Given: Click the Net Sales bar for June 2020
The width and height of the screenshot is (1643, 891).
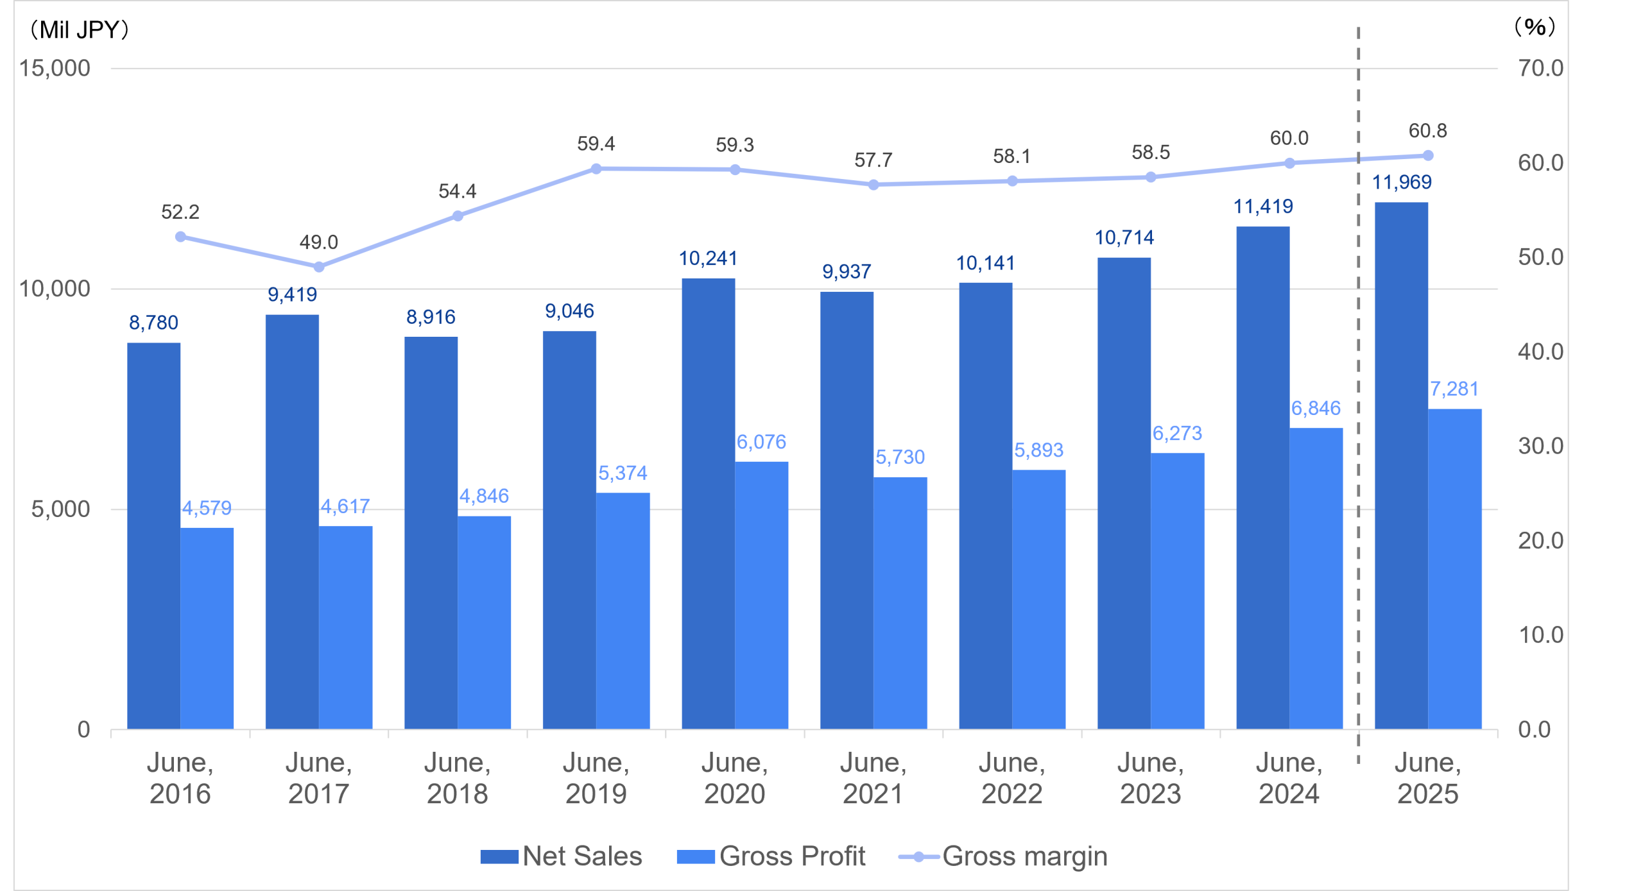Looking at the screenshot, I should (x=708, y=504).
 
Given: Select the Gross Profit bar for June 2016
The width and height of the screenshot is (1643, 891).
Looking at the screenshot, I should (x=207, y=628).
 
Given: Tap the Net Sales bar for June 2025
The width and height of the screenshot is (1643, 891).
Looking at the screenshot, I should (x=1401, y=465).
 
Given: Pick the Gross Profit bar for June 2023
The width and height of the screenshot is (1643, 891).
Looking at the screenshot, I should (x=1177, y=591).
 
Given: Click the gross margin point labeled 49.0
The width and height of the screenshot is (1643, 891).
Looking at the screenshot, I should (x=319, y=267).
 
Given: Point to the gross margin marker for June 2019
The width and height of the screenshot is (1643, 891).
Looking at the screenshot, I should (x=596, y=169).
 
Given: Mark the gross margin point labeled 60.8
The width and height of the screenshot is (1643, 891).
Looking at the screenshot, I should (x=1428, y=155).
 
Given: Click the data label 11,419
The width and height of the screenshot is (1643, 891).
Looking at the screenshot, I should (x=1263, y=207).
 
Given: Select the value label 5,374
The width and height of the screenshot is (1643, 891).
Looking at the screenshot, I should (x=623, y=473).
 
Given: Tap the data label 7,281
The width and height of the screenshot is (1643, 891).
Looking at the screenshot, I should (x=1454, y=389).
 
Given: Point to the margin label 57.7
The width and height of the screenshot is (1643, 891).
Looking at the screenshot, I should (x=873, y=160).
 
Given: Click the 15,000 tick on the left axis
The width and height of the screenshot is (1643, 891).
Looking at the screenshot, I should (x=55, y=68).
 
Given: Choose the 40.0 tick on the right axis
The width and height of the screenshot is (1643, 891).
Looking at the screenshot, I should (x=1540, y=352).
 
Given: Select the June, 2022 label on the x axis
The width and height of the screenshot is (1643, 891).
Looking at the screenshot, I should (x=1012, y=778).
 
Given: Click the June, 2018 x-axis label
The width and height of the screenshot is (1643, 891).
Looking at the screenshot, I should (x=458, y=778).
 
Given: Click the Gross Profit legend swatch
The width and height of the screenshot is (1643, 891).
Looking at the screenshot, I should (x=696, y=857).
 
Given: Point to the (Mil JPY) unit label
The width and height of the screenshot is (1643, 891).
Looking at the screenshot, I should (x=80, y=30).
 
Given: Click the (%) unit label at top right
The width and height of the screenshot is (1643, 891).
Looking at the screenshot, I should (x=1535, y=27).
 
